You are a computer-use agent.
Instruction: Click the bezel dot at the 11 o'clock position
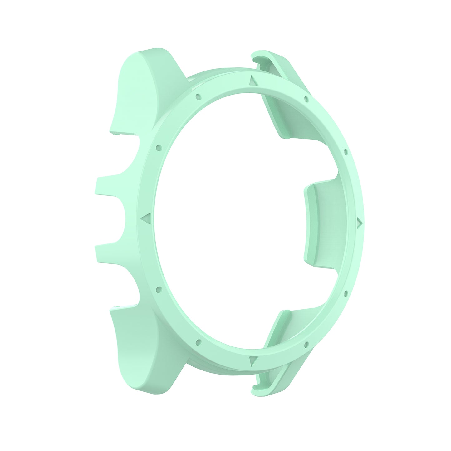point(198,96)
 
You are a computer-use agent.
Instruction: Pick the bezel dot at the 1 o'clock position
point(306,100)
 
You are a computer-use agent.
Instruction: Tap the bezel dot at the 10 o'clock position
point(159,147)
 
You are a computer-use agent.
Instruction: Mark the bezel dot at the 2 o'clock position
point(346,152)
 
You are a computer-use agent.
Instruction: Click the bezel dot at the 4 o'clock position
point(346,293)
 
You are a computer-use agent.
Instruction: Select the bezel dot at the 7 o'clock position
point(197,341)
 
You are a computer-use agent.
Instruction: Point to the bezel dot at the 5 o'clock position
point(306,344)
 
